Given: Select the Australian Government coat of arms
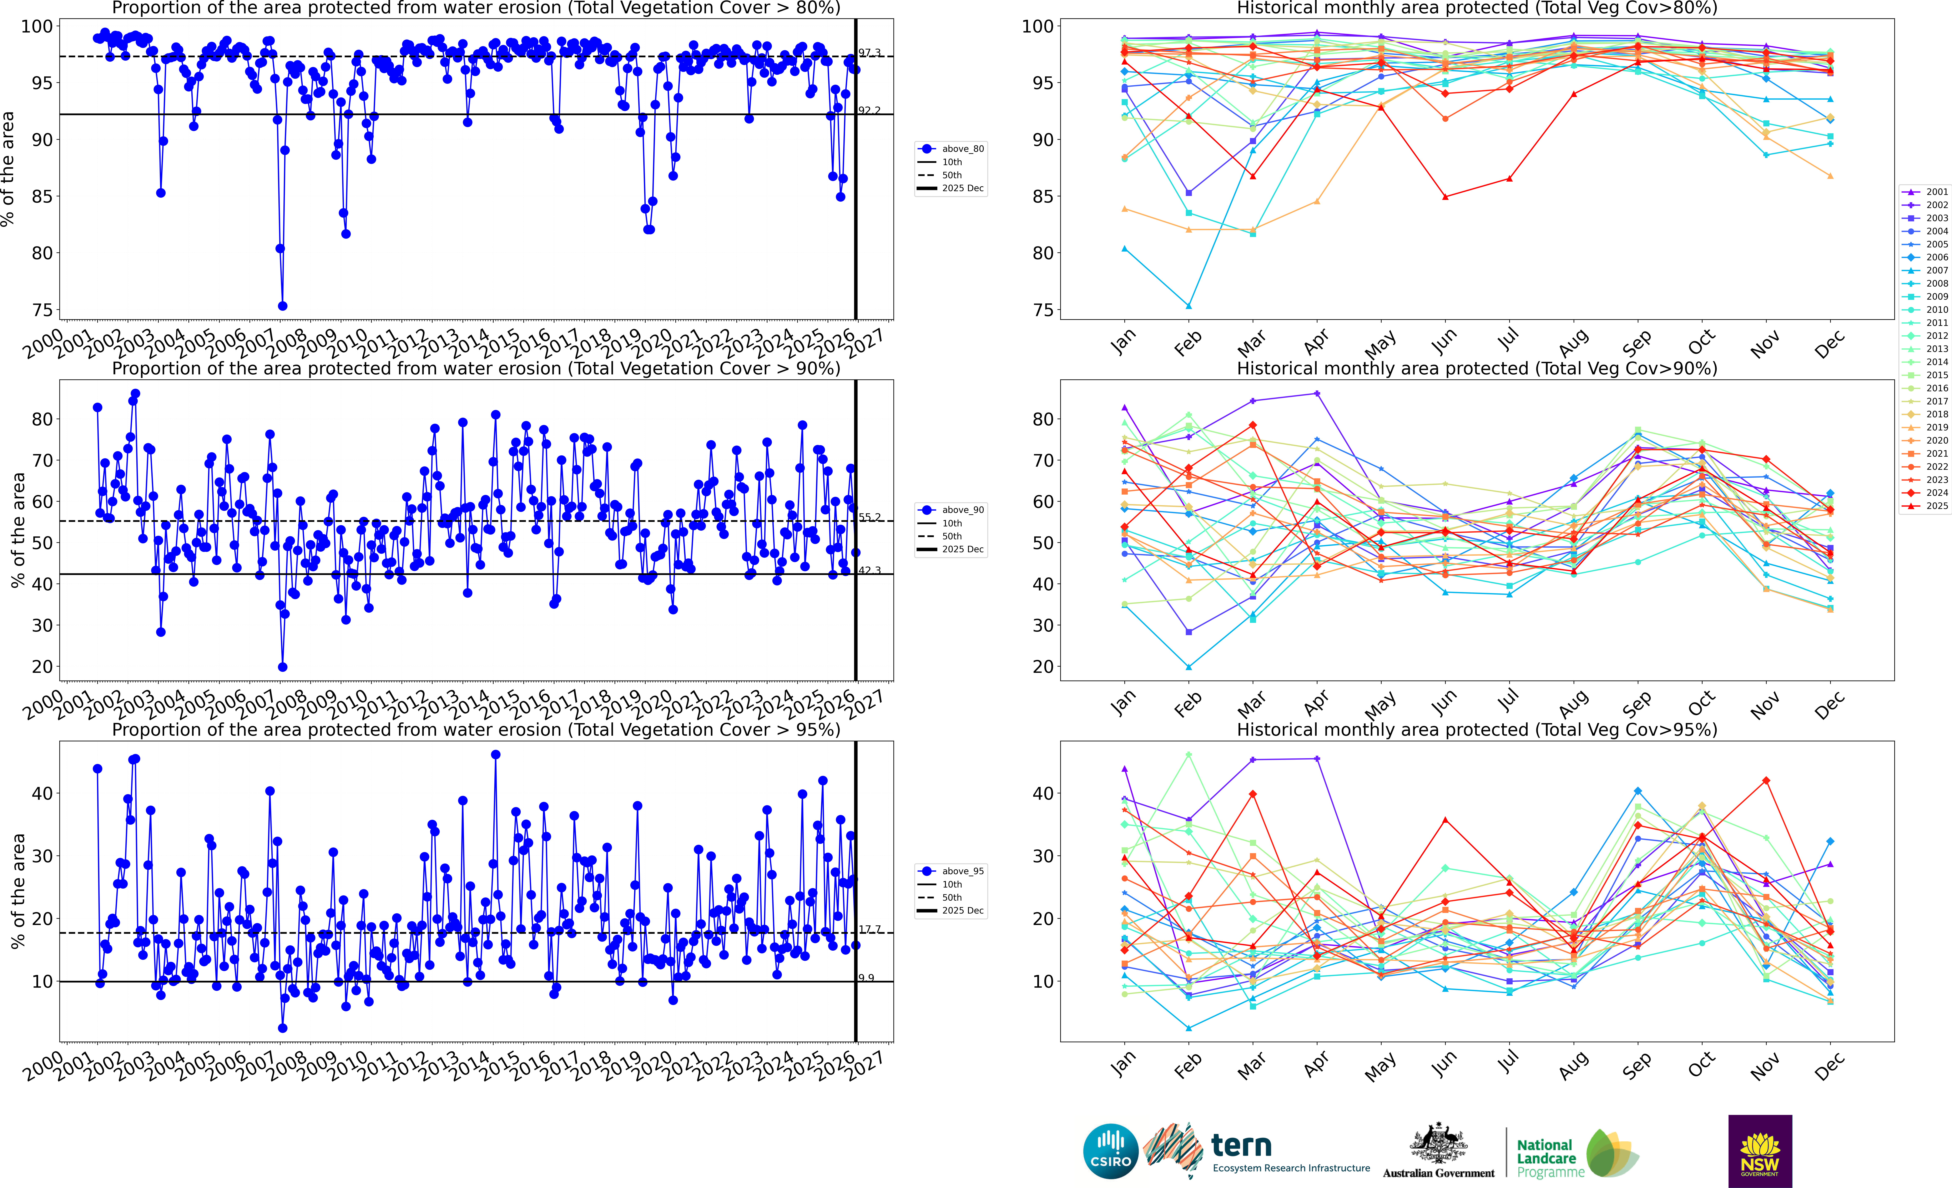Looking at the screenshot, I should [1438, 1144].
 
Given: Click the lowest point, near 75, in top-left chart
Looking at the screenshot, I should [282, 306].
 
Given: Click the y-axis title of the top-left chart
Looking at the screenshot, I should [8, 169].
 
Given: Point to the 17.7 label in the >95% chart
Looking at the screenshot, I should [869, 929].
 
